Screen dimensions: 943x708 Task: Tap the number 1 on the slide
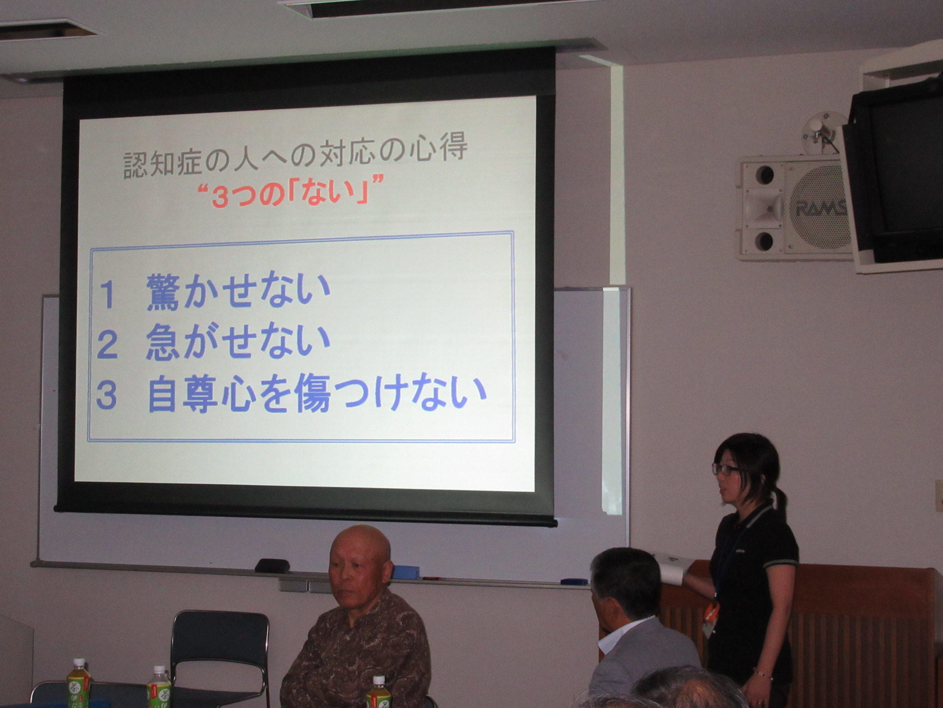tap(107, 295)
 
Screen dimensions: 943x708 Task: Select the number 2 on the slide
tap(107, 345)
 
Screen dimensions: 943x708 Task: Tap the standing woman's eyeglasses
tap(727, 469)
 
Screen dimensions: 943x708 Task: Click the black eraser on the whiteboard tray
tap(272, 566)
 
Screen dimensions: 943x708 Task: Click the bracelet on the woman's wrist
tap(764, 674)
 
